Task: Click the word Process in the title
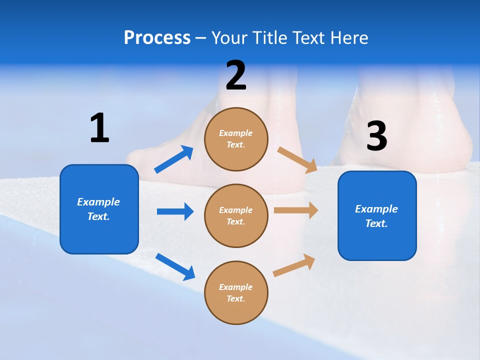tap(157, 38)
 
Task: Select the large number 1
tap(100, 127)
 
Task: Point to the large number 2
tap(236, 75)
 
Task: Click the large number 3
tap(377, 135)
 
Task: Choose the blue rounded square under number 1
tap(99, 209)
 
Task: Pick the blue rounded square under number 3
tap(377, 216)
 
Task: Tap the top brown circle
tap(236, 139)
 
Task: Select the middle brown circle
tap(236, 216)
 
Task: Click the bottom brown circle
tap(236, 293)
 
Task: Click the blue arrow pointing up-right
tap(174, 159)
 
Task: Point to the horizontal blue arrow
tap(175, 211)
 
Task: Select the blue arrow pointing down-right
tap(175, 267)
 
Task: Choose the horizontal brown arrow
tap(296, 210)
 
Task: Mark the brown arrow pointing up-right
tap(294, 265)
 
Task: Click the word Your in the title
tap(229, 38)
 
